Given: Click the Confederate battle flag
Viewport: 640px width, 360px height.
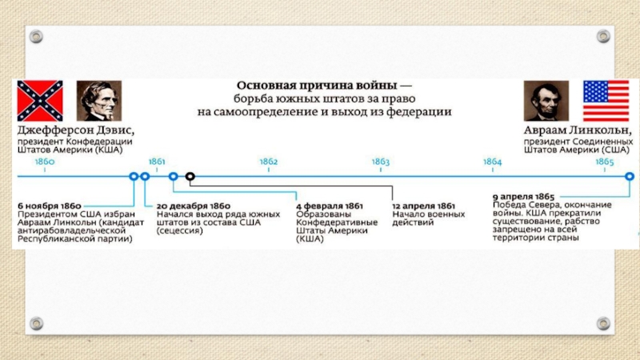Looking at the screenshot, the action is [x=41, y=101].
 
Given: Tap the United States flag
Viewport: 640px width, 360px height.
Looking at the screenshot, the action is [x=606, y=101].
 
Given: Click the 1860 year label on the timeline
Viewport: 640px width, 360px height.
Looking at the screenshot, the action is [x=45, y=162].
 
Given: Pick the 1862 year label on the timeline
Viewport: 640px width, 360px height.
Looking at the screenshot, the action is [x=268, y=162].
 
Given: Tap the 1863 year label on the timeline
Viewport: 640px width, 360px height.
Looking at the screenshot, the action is [x=380, y=162].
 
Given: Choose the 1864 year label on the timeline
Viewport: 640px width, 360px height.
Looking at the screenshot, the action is [x=492, y=162].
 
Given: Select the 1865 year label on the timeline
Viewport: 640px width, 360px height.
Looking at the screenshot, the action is [x=604, y=162].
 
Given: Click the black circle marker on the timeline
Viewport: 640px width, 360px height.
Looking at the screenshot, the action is [x=190, y=176].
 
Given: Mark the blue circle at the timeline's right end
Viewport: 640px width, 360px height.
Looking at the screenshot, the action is [x=629, y=176].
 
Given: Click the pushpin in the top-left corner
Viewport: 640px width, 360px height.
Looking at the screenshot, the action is [x=35, y=36].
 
